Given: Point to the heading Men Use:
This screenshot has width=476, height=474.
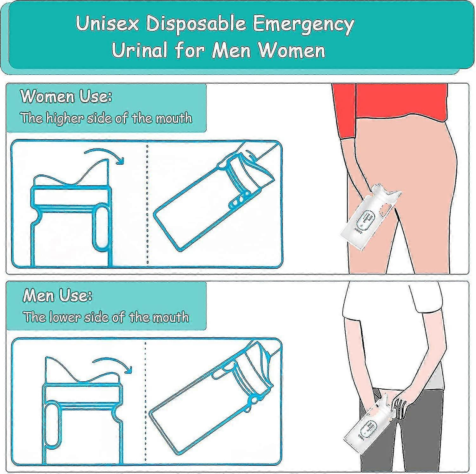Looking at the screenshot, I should pyautogui.click(x=58, y=296).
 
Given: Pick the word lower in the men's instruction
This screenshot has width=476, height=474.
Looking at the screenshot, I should pyautogui.click(x=62, y=317).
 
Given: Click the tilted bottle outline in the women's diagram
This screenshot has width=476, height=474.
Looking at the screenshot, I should pyautogui.click(x=203, y=213).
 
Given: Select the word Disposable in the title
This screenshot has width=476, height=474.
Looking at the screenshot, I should pyautogui.click(x=196, y=24).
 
